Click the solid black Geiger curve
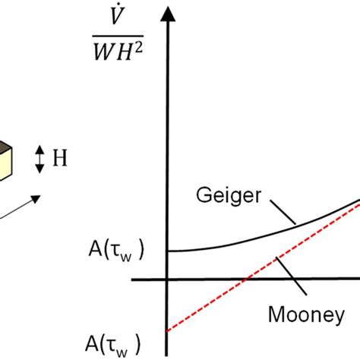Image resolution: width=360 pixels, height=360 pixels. click(228, 241)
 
